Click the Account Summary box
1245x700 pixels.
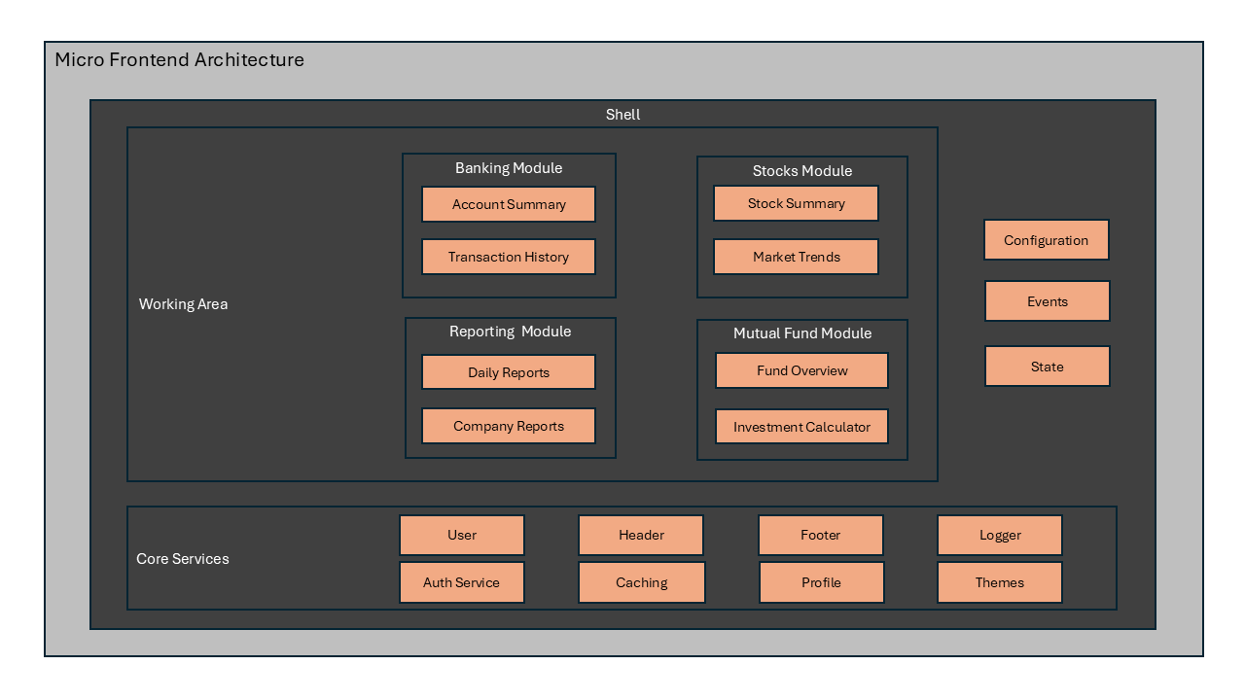[509, 204]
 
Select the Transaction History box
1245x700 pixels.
[509, 257]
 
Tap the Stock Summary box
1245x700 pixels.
[796, 203]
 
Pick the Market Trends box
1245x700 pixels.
[796, 257]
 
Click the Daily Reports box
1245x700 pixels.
[509, 372]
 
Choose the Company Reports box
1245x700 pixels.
[509, 426]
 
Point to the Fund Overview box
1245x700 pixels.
[802, 370]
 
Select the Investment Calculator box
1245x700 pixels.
[802, 427]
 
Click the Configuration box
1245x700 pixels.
[1047, 240]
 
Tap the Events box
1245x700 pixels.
[1048, 301]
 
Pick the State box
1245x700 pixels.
[1048, 367]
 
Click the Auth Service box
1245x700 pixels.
[462, 582]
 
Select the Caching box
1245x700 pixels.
[642, 582]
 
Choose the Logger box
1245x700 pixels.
[1000, 535]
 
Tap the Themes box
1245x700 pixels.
[1000, 582]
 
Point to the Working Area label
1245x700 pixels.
[184, 304]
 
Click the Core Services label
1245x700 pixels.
[183, 559]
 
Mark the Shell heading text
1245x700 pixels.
[623, 115]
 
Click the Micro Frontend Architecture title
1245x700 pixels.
[180, 60]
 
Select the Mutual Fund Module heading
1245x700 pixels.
[802, 333]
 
